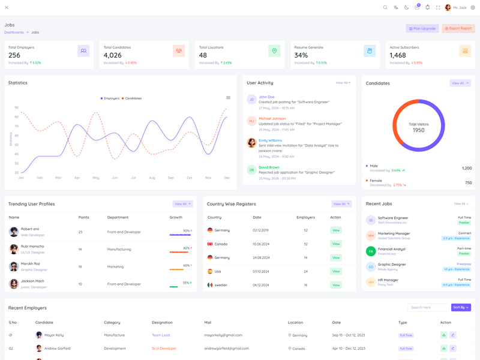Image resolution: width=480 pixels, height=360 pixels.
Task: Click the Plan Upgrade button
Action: pos(422,28)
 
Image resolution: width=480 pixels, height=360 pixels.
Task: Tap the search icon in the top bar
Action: pos(385,8)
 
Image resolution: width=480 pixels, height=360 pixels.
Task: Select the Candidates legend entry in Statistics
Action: pos(131,98)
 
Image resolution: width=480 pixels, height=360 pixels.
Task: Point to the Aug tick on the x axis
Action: pos(152,178)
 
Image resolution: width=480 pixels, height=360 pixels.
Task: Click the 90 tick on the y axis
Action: pos(17,107)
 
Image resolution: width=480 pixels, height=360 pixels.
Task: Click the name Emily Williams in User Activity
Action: pos(270,140)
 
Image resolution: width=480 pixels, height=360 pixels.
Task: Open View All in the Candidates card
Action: pos(460,83)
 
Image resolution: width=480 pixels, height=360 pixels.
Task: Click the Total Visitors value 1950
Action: pos(418,130)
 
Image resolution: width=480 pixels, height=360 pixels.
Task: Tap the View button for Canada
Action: pos(336,244)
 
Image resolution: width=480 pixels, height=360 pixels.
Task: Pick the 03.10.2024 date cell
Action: pos(261,271)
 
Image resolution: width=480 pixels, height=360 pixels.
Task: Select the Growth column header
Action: pos(176,217)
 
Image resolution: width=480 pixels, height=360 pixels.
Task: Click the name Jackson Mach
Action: pos(32,281)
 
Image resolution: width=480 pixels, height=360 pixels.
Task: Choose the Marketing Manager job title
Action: pos(394,233)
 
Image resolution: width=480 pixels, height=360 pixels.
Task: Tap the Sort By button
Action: pos(460,307)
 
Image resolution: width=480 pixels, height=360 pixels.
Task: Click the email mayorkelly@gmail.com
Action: pos(223,335)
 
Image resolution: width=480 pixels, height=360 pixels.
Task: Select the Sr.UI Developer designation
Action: pos(164,348)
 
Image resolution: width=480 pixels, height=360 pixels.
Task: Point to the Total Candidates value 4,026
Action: pos(113,55)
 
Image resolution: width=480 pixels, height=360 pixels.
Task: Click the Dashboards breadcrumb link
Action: pos(14,32)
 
